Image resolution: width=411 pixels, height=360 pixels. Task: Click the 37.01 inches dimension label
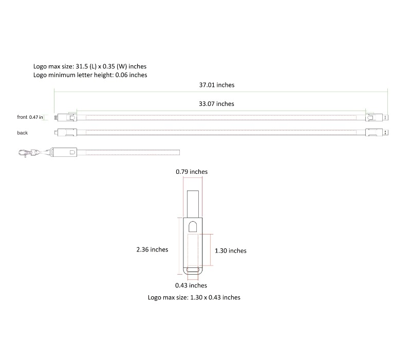[x=217, y=85]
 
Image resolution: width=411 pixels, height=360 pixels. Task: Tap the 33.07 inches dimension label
[x=216, y=104]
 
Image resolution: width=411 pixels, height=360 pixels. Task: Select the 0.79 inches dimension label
[x=192, y=172]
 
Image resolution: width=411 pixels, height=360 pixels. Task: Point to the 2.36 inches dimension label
[x=152, y=249]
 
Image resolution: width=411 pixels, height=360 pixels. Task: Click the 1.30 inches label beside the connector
[x=231, y=251]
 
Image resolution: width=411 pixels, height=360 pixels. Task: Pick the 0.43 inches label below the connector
[x=191, y=285]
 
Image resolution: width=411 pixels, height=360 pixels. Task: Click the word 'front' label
[x=22, y=117]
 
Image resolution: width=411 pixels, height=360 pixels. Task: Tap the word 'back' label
[x=22, y=133]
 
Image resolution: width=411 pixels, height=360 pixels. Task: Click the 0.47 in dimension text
[x=36, y=117]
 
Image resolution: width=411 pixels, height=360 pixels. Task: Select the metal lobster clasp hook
[x=26, y=153]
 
